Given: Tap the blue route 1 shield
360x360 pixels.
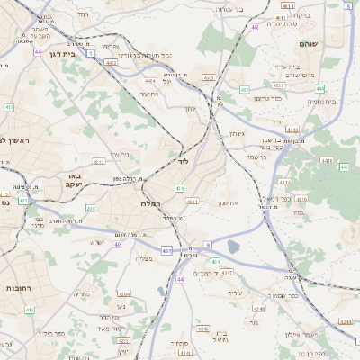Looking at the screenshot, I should [x=92, y=53].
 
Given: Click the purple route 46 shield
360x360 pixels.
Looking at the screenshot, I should [x=255, y=28].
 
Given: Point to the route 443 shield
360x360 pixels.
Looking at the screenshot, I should [x=344, y=166].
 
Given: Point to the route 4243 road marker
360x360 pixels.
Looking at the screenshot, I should [x=345, y=320].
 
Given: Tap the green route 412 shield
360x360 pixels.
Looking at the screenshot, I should [x=9, y=107].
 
